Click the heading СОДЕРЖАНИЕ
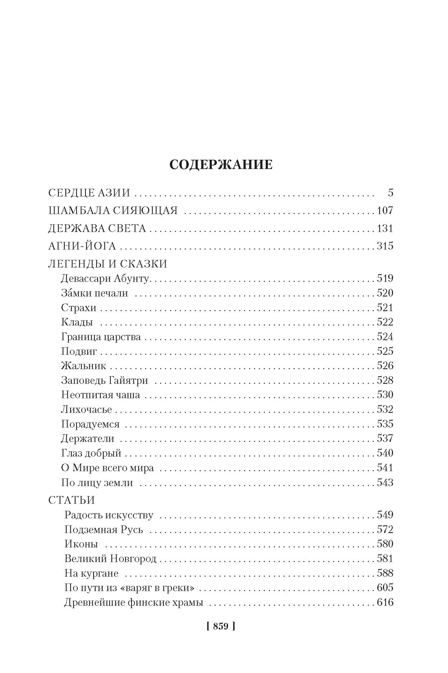220,164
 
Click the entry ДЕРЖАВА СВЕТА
97,228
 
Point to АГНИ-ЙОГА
82,246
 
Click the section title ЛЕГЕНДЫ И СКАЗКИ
108,264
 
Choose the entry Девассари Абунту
106,279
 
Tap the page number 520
384,293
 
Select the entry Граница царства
101,337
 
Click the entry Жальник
83,366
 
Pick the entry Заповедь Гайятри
104,381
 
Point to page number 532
384,410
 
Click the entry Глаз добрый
91,453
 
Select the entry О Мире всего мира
107,468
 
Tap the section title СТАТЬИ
71,500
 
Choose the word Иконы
81,544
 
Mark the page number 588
384,573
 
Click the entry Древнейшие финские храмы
133,602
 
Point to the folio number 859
221,627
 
